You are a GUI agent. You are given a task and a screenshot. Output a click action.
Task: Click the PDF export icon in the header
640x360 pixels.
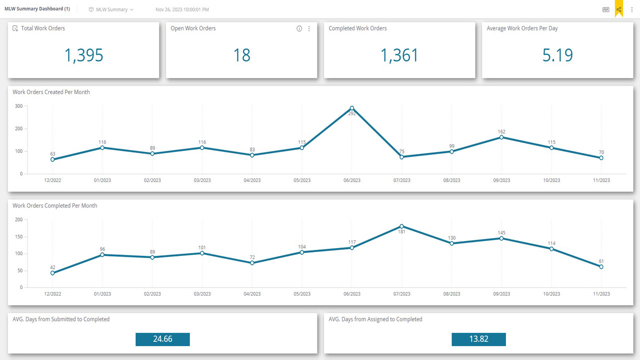pyautogui.click(x=605, y=9)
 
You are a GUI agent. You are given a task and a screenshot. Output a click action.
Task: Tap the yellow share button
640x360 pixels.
pyautogui.click(x=618, y=9)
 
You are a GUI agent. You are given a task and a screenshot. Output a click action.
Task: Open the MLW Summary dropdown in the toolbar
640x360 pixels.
pyautogui.click(x=111, y=9)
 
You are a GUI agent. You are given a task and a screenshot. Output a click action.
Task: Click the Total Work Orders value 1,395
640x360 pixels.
pyautogui.click(x=83, y=55)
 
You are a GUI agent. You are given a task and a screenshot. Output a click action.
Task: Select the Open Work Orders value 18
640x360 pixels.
pyautogui.click(x=241, y=55)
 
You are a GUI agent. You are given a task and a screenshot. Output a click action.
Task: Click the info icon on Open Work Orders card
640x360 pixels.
pyautogui.click(x=299, y=28)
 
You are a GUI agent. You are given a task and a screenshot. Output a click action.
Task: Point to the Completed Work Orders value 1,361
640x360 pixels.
pyautogui.click(x=399, y=55)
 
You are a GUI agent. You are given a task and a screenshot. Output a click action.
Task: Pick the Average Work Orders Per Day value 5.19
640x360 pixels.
pyautogui.click(x=557, y=55)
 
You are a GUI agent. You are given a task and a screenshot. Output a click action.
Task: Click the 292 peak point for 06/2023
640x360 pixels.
pyautogui.click(x=352, y=108)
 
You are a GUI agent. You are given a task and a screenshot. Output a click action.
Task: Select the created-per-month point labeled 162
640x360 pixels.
pyautogui.click(x=501, y=137)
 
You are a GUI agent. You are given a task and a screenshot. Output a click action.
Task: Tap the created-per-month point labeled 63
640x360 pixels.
pyautogui.click(x=52, y=159)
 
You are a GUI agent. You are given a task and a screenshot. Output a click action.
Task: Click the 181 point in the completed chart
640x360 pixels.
pyautogui.click(x=401, y=226)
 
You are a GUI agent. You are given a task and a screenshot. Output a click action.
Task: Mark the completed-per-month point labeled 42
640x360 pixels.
pyautogui.click(x=52, y=273)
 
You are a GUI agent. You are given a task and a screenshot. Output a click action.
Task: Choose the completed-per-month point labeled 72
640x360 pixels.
pyautogui.click(x=252, y=263)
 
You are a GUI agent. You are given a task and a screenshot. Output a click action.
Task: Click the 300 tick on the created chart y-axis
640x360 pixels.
pyautogui.click(x=18, y=106)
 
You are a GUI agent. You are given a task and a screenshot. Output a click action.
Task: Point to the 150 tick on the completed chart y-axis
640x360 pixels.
pyautogui.click(x=18, y=236)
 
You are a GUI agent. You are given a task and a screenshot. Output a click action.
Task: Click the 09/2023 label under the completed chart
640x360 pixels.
pyautogui.click(x=501, y=294)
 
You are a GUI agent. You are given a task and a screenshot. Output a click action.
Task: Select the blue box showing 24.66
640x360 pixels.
pyautogui.click(x=162, y=339)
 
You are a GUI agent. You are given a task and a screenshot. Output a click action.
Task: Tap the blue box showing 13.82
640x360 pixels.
pyautogui.click(x=478, y=339)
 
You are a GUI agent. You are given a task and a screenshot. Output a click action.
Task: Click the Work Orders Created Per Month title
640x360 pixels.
pyautogui.click(x=51, y=92)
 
